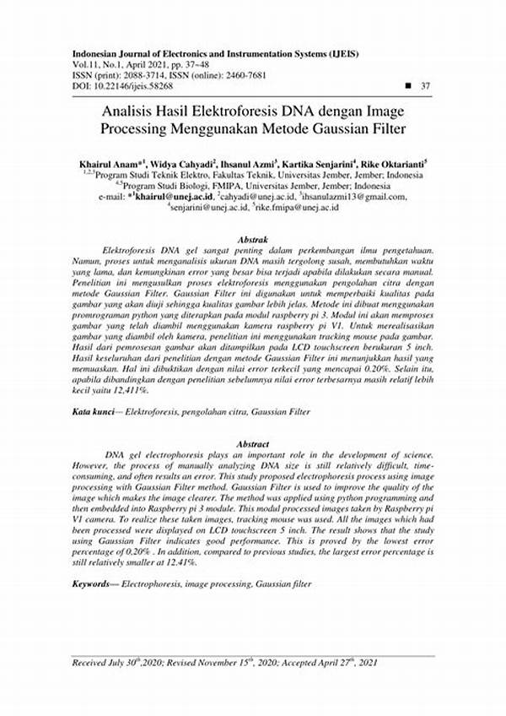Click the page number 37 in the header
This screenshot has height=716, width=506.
[x=425, y=86]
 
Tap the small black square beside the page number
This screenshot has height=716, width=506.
[x=409, y=86]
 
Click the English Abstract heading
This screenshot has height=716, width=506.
[x=253, y=444]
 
